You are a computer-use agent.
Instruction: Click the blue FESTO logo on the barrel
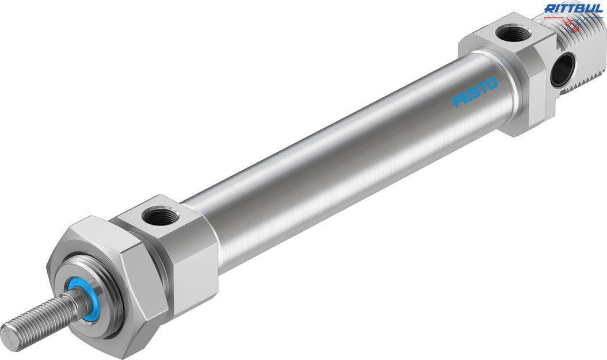click(x=475, y=93)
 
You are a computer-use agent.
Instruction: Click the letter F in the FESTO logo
click(x=457, y=101)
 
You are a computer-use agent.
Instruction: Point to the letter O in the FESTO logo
click(x=493, y=84)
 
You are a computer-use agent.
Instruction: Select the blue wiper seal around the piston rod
click(x=77, y=296)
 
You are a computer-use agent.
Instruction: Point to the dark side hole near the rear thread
click(x=563, y=70)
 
